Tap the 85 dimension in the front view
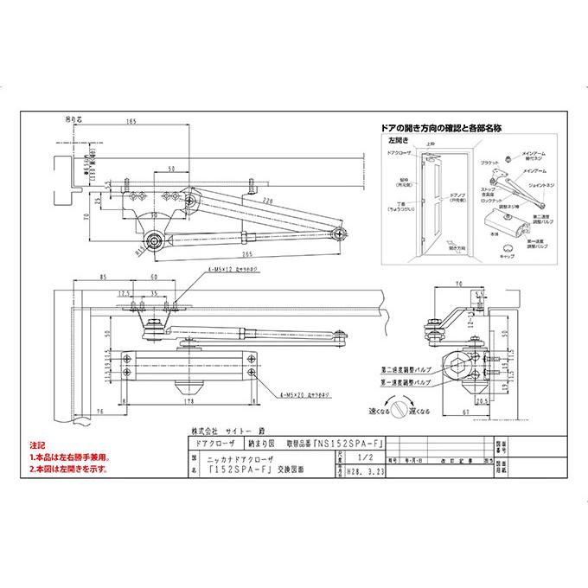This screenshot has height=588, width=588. tap(103, 277)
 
